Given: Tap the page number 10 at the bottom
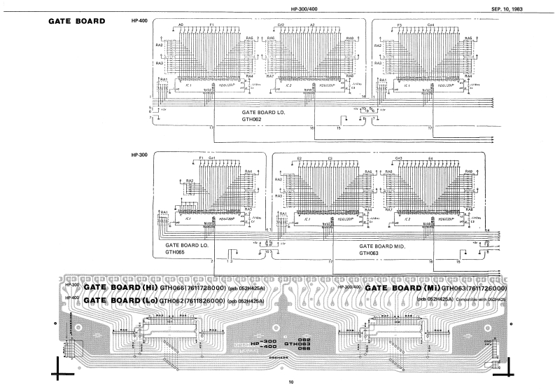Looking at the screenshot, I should pos(290,382).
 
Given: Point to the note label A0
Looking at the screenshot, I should pos(181,25).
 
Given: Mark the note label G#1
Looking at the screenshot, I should pos(212,159).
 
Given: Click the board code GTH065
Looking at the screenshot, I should pos(174,253).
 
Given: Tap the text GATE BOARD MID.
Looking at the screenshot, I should pos(384,246).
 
